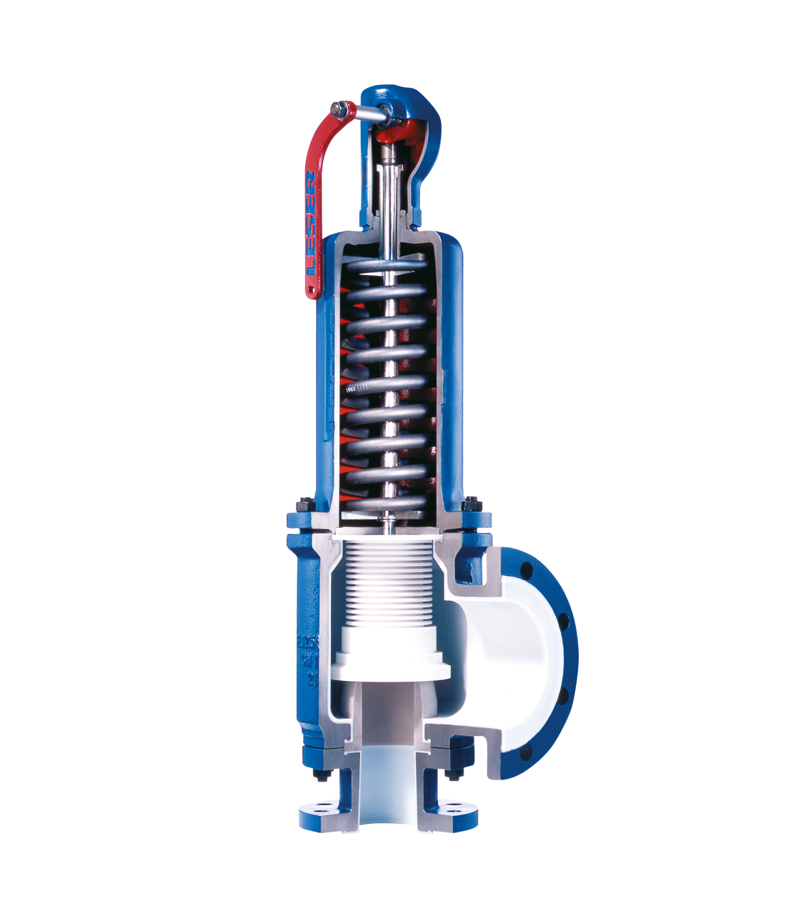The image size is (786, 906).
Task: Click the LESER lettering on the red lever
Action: point(312,221)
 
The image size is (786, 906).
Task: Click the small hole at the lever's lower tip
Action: point(311,289)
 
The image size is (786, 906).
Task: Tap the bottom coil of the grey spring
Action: point(386,504)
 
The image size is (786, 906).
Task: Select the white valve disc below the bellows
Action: point(389,661)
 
